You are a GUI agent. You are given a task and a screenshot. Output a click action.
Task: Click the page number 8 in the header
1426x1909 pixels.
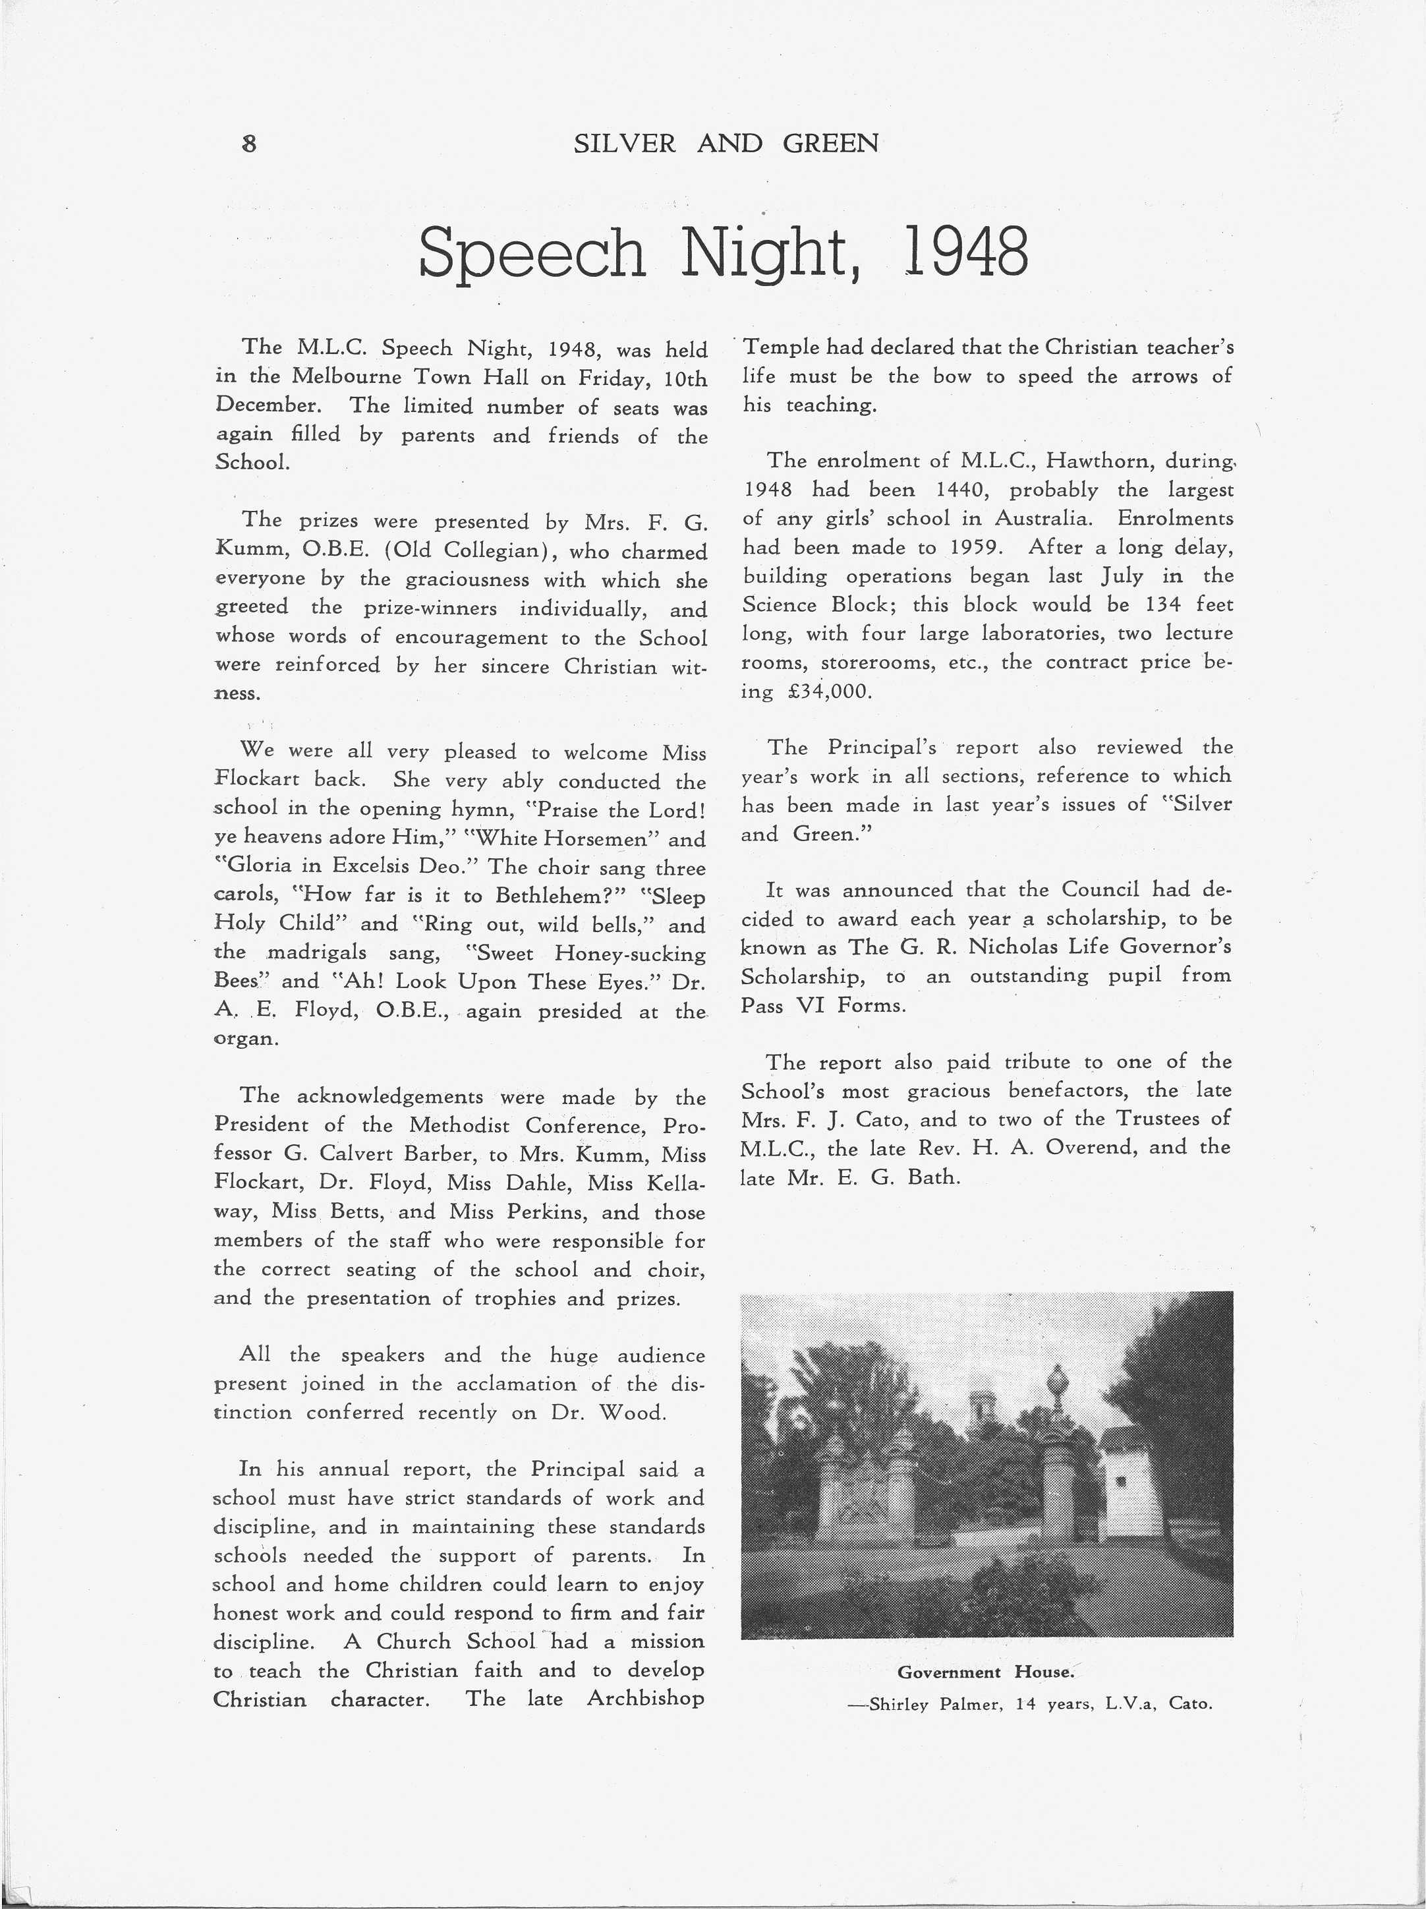(249, 143)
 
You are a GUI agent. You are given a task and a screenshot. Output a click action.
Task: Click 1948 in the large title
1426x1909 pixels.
(965, 253)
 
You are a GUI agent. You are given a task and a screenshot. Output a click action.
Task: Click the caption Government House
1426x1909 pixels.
(985, 1672)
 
